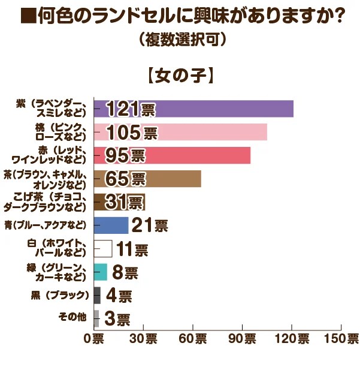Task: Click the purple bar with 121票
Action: (193, 109)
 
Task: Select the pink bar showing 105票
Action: (180, 132)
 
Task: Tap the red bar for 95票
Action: (172, 155)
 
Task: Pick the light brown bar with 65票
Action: (147, 179)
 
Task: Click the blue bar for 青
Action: (111, 225)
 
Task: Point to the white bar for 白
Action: (103, 249)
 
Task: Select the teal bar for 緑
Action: (101, 272)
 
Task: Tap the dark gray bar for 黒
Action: (97, 295)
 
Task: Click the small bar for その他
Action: (96, 318)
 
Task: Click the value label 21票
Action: (150, 226)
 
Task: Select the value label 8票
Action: (125, 273)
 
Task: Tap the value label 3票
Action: (116, 319)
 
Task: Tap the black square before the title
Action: (26, 16)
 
